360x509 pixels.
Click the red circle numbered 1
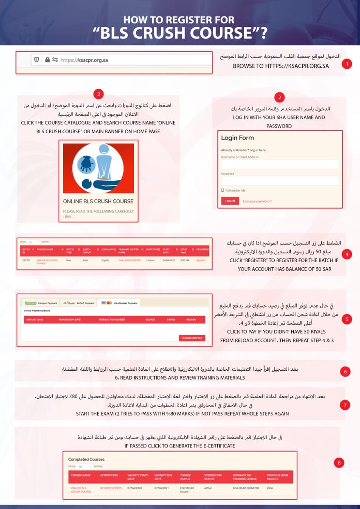click(347, 64)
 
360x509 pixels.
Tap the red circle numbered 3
click(98, 94)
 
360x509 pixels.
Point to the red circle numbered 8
click(339, 463)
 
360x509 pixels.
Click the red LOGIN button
click(230, 201)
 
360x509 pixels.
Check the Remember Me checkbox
click(222, 190)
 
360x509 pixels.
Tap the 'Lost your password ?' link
click(257, 201)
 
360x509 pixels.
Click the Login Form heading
click(237, 138)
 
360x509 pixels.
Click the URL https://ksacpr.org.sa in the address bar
click(84, 60)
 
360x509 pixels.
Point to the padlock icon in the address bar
click(47, 60)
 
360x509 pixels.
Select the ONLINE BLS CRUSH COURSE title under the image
click(98, 201)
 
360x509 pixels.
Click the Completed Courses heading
click(86, 459)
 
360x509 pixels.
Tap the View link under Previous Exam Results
click(269, 488)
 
